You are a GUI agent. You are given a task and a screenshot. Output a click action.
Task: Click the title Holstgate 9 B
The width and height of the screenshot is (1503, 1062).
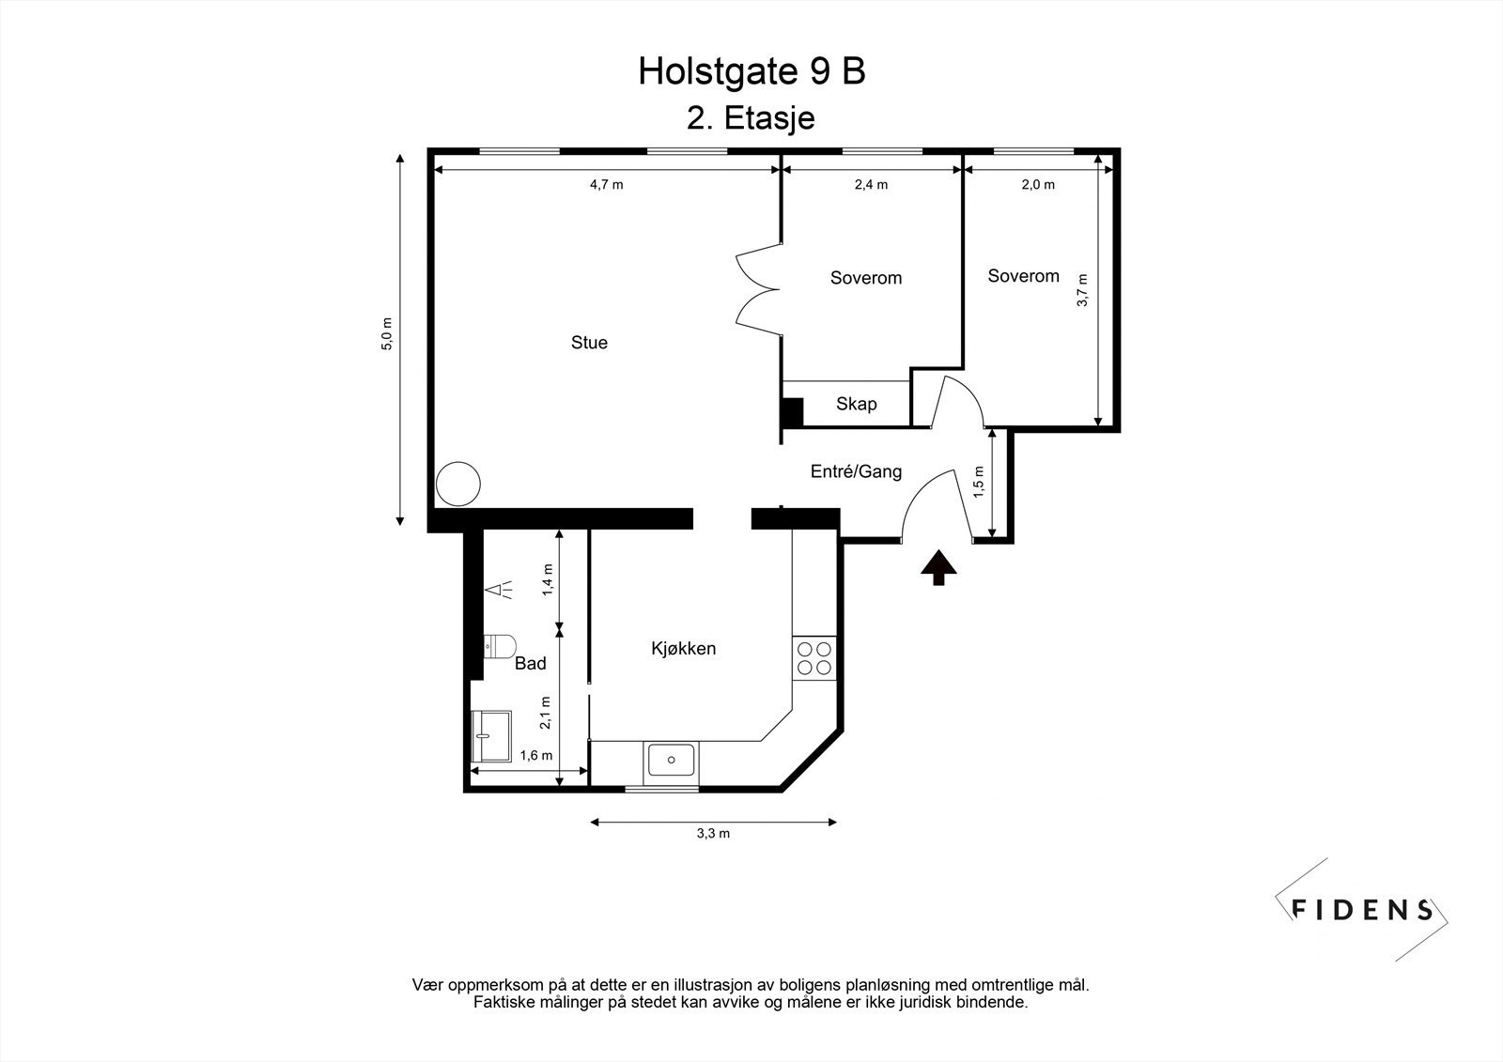coord(751,71)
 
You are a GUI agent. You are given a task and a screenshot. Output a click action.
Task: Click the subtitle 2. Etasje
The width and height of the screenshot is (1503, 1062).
coord(751,119)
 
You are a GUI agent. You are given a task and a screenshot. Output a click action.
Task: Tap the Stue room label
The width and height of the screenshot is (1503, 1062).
coord(589,343)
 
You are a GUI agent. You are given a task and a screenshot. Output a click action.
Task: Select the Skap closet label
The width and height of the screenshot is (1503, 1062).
coord(856,404)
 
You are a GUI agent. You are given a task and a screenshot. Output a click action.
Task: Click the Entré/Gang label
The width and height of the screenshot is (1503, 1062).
coord(856,471)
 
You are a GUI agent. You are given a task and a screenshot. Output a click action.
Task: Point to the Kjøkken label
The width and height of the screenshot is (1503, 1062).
coord(684,649)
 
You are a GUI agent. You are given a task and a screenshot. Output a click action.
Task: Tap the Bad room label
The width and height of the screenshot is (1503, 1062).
coord(531,664)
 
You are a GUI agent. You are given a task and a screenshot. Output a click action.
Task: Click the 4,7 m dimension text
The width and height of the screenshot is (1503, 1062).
coord(606,185)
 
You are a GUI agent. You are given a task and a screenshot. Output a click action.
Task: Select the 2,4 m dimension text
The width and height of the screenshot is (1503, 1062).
coord(871,185)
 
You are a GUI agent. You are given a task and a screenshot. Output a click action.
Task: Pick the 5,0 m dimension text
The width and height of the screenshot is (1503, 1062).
coord(386,335)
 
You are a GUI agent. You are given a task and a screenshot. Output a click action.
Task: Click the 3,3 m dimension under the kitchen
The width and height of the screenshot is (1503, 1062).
coord(713,834)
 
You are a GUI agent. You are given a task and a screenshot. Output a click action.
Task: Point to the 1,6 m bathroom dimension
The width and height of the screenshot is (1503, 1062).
coord(535,756)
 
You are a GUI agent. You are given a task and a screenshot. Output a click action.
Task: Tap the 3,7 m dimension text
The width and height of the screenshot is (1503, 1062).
coord(1082,290)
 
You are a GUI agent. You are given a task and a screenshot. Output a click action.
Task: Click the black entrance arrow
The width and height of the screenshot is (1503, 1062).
coord(937,567)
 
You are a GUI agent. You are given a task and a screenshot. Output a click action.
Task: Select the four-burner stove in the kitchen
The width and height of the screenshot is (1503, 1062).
coord(814,657)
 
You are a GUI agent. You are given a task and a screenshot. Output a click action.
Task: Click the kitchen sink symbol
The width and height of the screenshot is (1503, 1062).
coord(671,759)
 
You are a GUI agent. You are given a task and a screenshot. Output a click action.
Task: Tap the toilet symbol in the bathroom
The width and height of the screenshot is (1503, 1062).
coord(499,645)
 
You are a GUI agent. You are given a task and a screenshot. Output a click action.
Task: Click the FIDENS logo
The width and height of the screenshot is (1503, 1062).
coord(1362,909)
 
